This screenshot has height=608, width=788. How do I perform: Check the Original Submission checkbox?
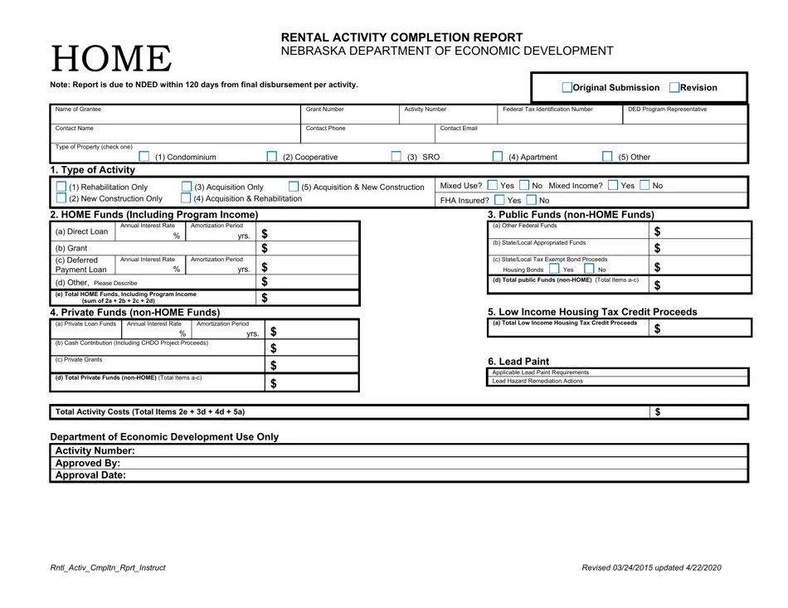coord(567,88)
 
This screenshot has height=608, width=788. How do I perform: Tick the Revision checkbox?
coord(674,88)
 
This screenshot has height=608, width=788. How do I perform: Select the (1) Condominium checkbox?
coord(143,157)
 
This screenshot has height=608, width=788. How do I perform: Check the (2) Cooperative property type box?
coord(272,157)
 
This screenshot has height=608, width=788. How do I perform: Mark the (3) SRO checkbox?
coord(396,157)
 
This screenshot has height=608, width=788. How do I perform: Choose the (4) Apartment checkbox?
coord(498,157)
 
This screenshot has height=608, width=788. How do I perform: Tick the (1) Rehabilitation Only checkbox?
coord(61,187)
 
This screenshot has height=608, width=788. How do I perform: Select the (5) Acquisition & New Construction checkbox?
coord(293,187)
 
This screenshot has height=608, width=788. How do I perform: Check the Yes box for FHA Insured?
coord(499,200)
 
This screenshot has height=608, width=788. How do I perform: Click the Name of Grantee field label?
coord(78,109)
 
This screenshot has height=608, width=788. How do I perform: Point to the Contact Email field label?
coord(458,129)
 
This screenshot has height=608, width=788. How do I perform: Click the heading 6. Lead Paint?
coord(518,361)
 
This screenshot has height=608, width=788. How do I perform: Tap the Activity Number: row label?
coord(95,450)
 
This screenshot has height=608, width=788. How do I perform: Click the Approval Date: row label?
coord(90,476)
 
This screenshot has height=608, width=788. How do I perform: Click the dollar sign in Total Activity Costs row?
coord(658,411)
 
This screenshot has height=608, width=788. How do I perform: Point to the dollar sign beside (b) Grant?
coord(265,248)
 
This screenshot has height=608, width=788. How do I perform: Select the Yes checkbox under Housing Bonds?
coord(553,270)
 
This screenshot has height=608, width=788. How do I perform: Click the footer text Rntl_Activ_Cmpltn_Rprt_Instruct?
coord(108,567)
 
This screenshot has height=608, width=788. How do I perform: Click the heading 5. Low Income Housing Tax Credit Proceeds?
coord(592,312)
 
